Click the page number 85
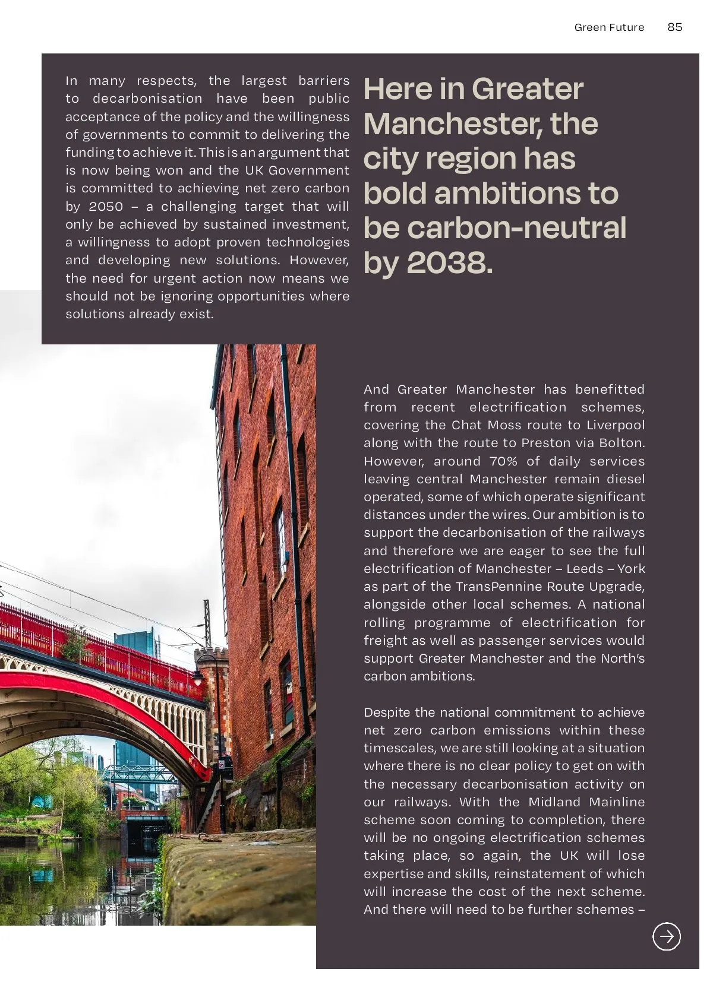[674, 27]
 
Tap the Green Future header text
[609, 27]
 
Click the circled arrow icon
[667, 936]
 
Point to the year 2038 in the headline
[449, 262]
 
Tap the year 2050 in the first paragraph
[106, 207]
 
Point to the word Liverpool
[616, 425]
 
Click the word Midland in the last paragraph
[555, 802]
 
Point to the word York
[631, 569]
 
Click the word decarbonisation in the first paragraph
[147, 99]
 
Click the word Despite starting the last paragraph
[387, 712]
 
